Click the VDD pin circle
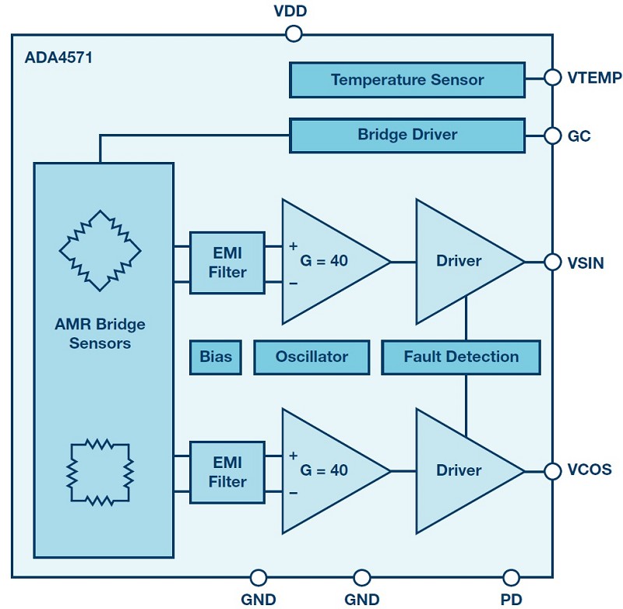coord(294,34)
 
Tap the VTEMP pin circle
coord(552,78)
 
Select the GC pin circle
coord(552,136)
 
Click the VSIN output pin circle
coord(552,262)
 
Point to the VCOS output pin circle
coord(552,471)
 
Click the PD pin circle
coord(511,577)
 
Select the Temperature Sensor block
coord(407,79)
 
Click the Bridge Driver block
coord(407,135)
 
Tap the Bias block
coord(216,357)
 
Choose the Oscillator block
coord(312,357)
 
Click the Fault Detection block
coord(461,357)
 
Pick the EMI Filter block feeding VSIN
coord(227,262)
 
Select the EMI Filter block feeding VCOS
coord(227,472)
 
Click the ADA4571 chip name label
coord(58,58)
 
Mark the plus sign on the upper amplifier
coord(294,246)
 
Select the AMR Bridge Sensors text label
coord(100,333)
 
